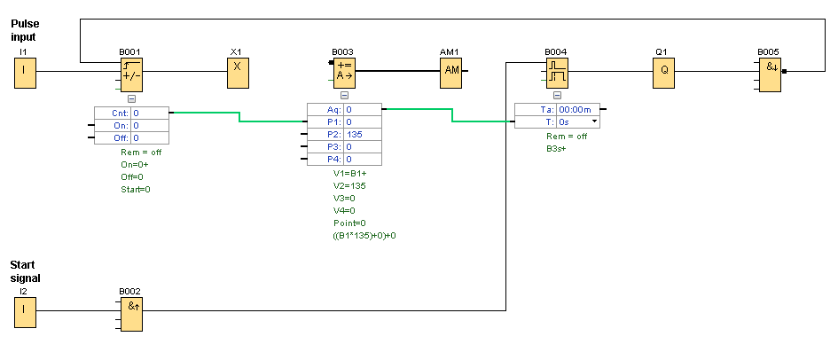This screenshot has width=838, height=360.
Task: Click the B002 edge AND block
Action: pyautogui.click(x=131, y=311)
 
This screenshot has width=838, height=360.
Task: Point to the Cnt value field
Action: pyautogui.click(x=149, y=113)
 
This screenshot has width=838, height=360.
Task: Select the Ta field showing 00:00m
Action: pyautogui.click(x=579, y=109)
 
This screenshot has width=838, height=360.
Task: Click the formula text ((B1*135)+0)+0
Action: pyautogui.click(x=364, y=236)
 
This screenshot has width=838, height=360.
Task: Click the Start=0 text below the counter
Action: pyautogui.click(x=136, y=189)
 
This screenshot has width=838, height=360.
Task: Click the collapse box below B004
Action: pyautogui.click(x=557, y=95)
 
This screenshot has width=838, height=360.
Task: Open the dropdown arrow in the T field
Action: pyautogui.click(x=594, y=121)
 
